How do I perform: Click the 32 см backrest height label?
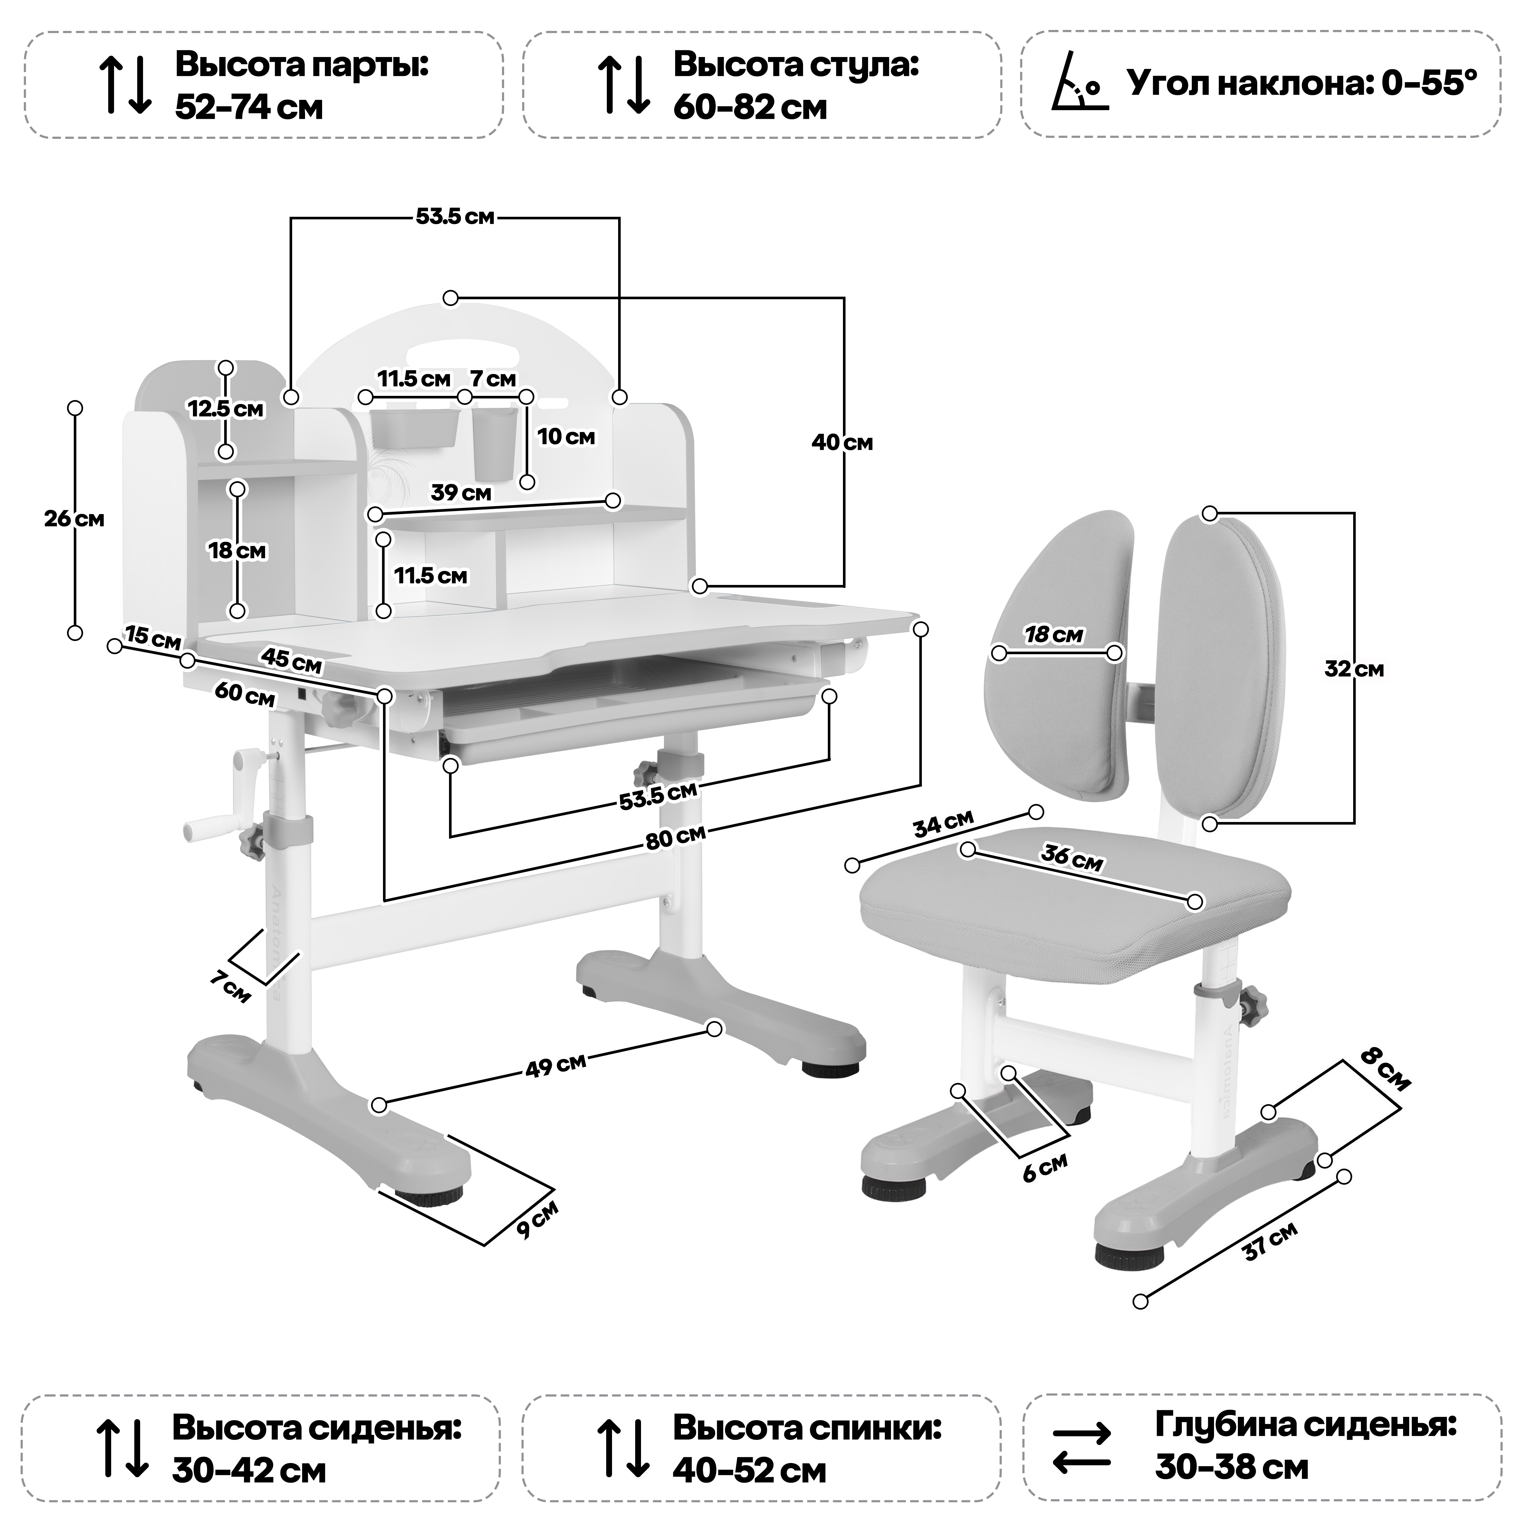click(x=1354, y=669)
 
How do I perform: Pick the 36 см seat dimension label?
click(x=1071, y=858)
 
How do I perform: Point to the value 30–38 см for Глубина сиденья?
click(x=1231, y=1468)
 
